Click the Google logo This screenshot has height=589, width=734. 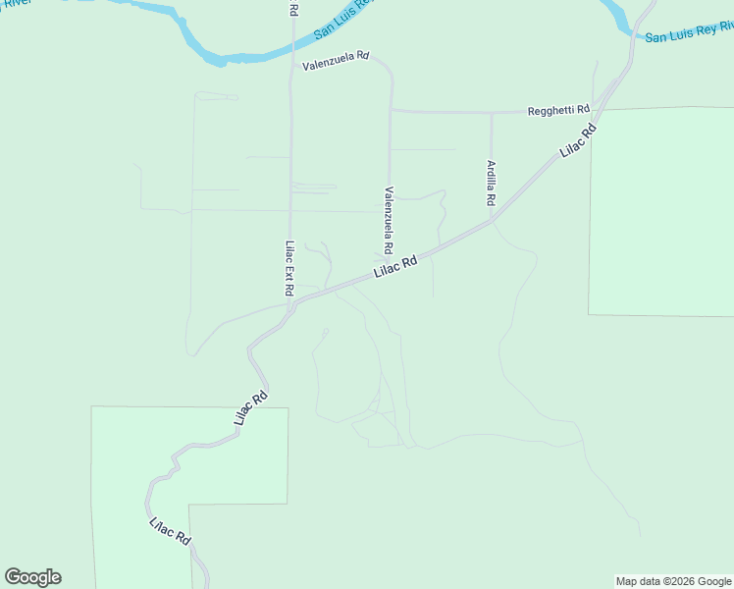[33, 577]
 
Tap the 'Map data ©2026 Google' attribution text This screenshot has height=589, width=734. [674, 581]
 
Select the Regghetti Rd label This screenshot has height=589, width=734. [558, 109]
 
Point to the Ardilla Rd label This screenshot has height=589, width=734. [491, 183]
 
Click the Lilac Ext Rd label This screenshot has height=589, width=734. [289, 270]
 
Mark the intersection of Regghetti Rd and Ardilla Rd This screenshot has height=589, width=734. [491, 113]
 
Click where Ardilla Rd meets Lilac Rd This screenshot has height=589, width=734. [491, 221]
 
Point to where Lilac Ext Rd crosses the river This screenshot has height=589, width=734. [291, 47]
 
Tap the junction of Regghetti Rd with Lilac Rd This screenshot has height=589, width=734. [602, 110]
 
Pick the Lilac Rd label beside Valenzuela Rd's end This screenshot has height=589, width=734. [396, 267]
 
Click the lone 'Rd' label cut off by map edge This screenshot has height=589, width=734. [293, 8]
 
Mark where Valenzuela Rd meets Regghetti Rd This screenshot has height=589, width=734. [391, 111]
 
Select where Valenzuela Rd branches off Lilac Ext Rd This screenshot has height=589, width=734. [291, 66]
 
